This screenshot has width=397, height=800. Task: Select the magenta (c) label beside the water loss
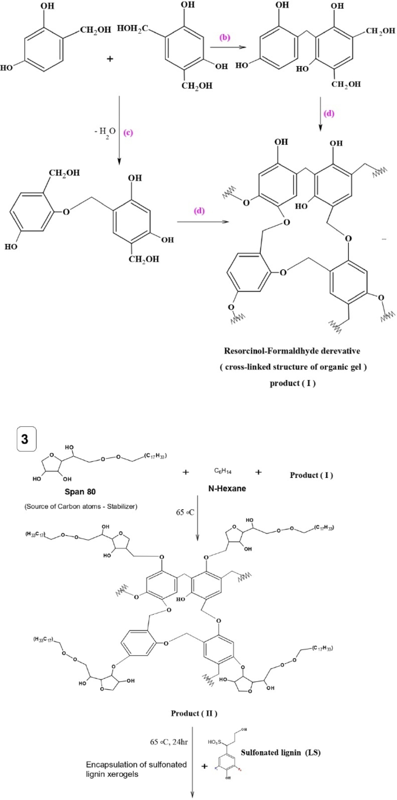[129, 133]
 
